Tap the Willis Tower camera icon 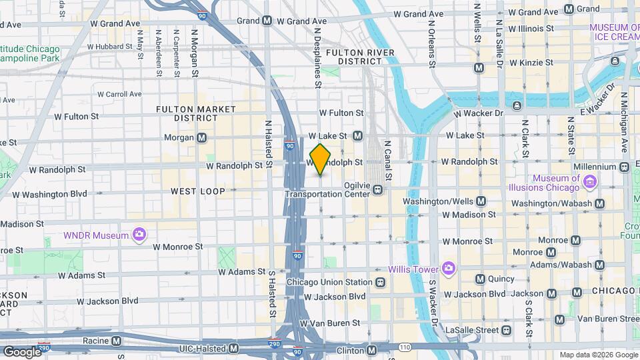click(x=448, y=269)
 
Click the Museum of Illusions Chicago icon click(x=589, y=181)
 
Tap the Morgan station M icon click(x=201, y=138)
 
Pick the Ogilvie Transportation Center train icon click(x=378, y=189)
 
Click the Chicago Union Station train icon click(x=380, y=282)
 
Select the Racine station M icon click(x=117, y=341)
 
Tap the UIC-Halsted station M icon click(x=233, y=349)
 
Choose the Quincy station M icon click(x=479, y=279)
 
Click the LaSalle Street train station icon click(x=506, y=329)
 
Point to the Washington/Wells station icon click(x=481, y=201)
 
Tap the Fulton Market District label click(x=196, y=113)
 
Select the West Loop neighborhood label click(x=193, y=191)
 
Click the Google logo click(x=22, y=351)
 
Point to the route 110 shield click(x=405, y=347)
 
